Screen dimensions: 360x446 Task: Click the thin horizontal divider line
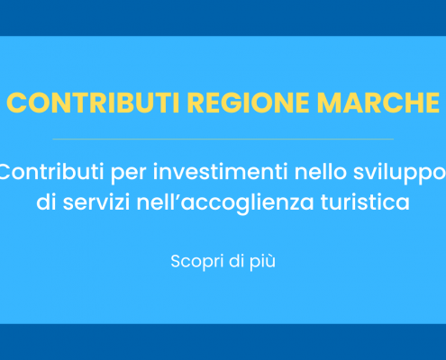[223, 139]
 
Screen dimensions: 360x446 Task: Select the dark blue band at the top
[223, 17]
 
